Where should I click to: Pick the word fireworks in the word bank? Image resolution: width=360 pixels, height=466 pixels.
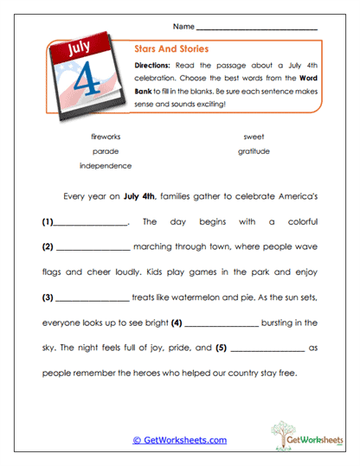106,137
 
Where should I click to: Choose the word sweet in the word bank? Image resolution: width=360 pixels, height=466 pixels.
254,137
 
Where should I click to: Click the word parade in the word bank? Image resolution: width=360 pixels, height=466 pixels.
106,150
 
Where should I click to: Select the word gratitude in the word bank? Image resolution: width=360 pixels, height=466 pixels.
254,150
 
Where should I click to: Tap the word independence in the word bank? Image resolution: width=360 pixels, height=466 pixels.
106,164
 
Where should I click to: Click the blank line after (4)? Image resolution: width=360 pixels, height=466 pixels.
221,324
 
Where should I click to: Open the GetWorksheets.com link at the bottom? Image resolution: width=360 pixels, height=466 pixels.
179,440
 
